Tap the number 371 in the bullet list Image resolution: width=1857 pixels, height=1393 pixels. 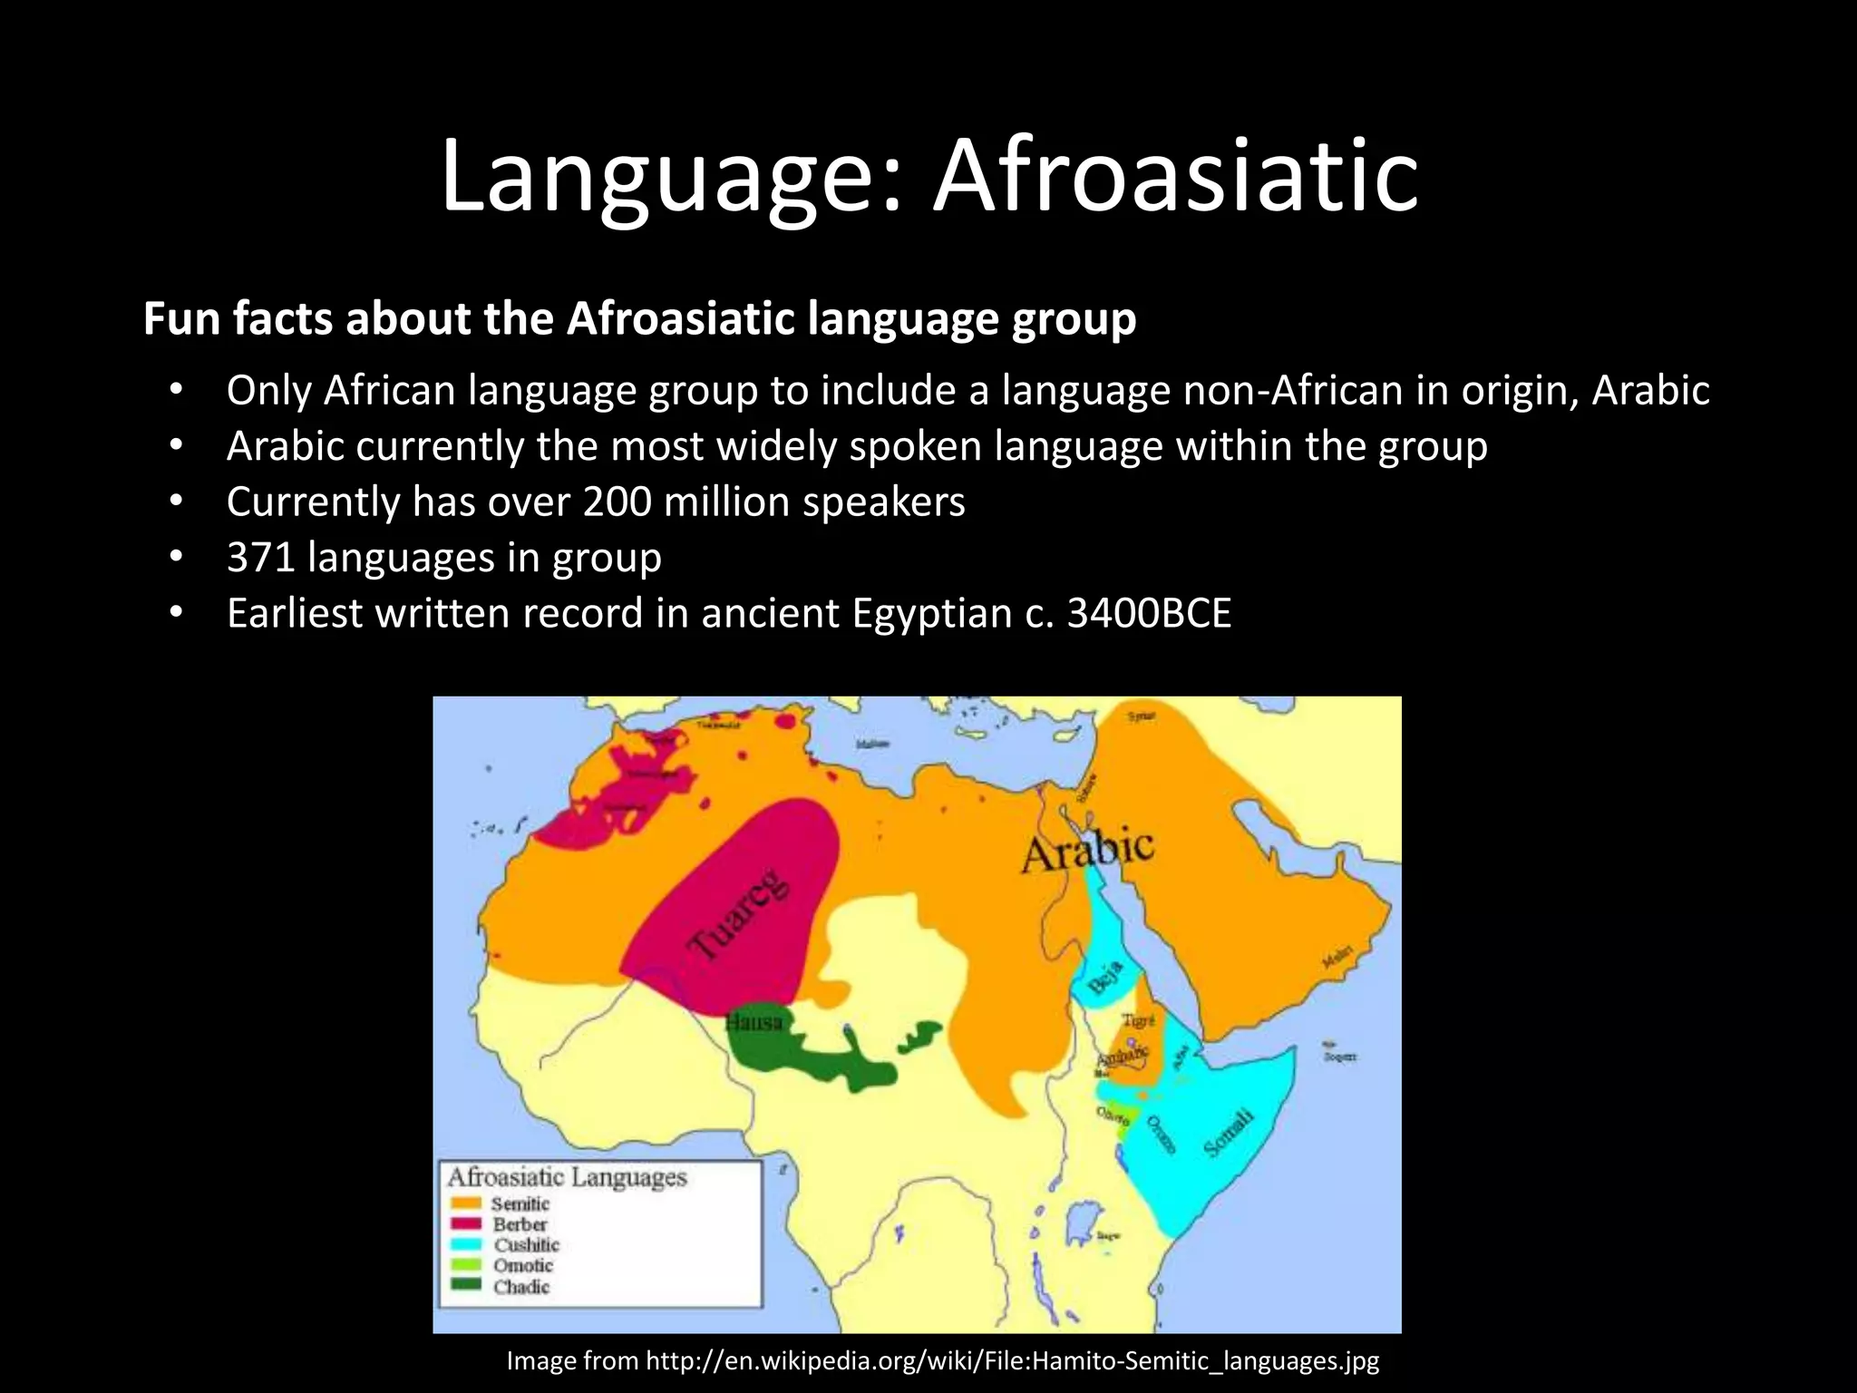261,558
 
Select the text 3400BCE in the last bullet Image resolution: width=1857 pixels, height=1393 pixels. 1149,614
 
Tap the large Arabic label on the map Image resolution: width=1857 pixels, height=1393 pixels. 1087,851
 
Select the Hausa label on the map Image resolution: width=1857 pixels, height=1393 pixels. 753,1022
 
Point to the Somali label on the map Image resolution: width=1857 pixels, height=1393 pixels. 1230,1133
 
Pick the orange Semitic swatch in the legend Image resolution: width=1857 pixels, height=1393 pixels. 466,1203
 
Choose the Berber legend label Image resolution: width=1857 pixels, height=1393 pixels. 520,1224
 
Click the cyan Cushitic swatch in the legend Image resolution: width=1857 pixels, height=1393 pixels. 466,1244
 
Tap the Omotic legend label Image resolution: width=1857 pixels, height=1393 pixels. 523,1265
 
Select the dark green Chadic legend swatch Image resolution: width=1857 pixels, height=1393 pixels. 466,1285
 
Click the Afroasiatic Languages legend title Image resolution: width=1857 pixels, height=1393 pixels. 567,1177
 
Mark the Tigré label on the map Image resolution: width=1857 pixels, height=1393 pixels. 1138,1020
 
